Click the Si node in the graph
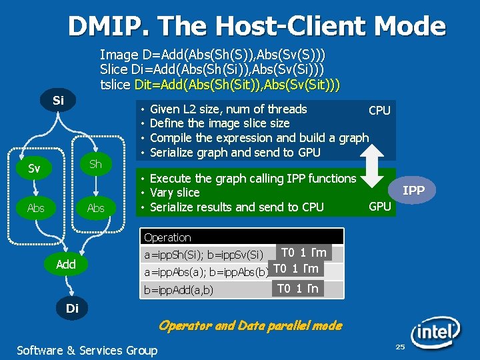click(58, 101)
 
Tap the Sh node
click(95, 164)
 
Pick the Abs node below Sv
click(36, 208)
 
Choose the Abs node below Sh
click(96, 208)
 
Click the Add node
click(65, 264)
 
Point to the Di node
click(72, 309)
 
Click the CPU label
click(379, 111)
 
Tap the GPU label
click(379, 207)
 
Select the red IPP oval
click(413, 191)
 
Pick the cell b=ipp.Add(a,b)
click(179, 290)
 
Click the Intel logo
click(435, 331)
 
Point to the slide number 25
click(400, 347)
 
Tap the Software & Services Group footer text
click(87, 350)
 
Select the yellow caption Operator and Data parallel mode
click(250, 326)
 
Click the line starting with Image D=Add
click(212, 55)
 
